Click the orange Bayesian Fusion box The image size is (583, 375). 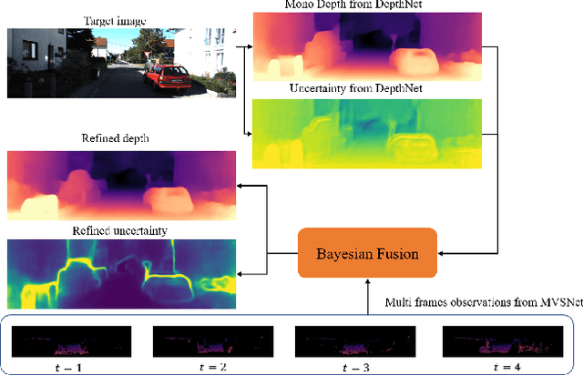[368, 252]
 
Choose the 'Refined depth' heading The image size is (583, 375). [121, 138]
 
